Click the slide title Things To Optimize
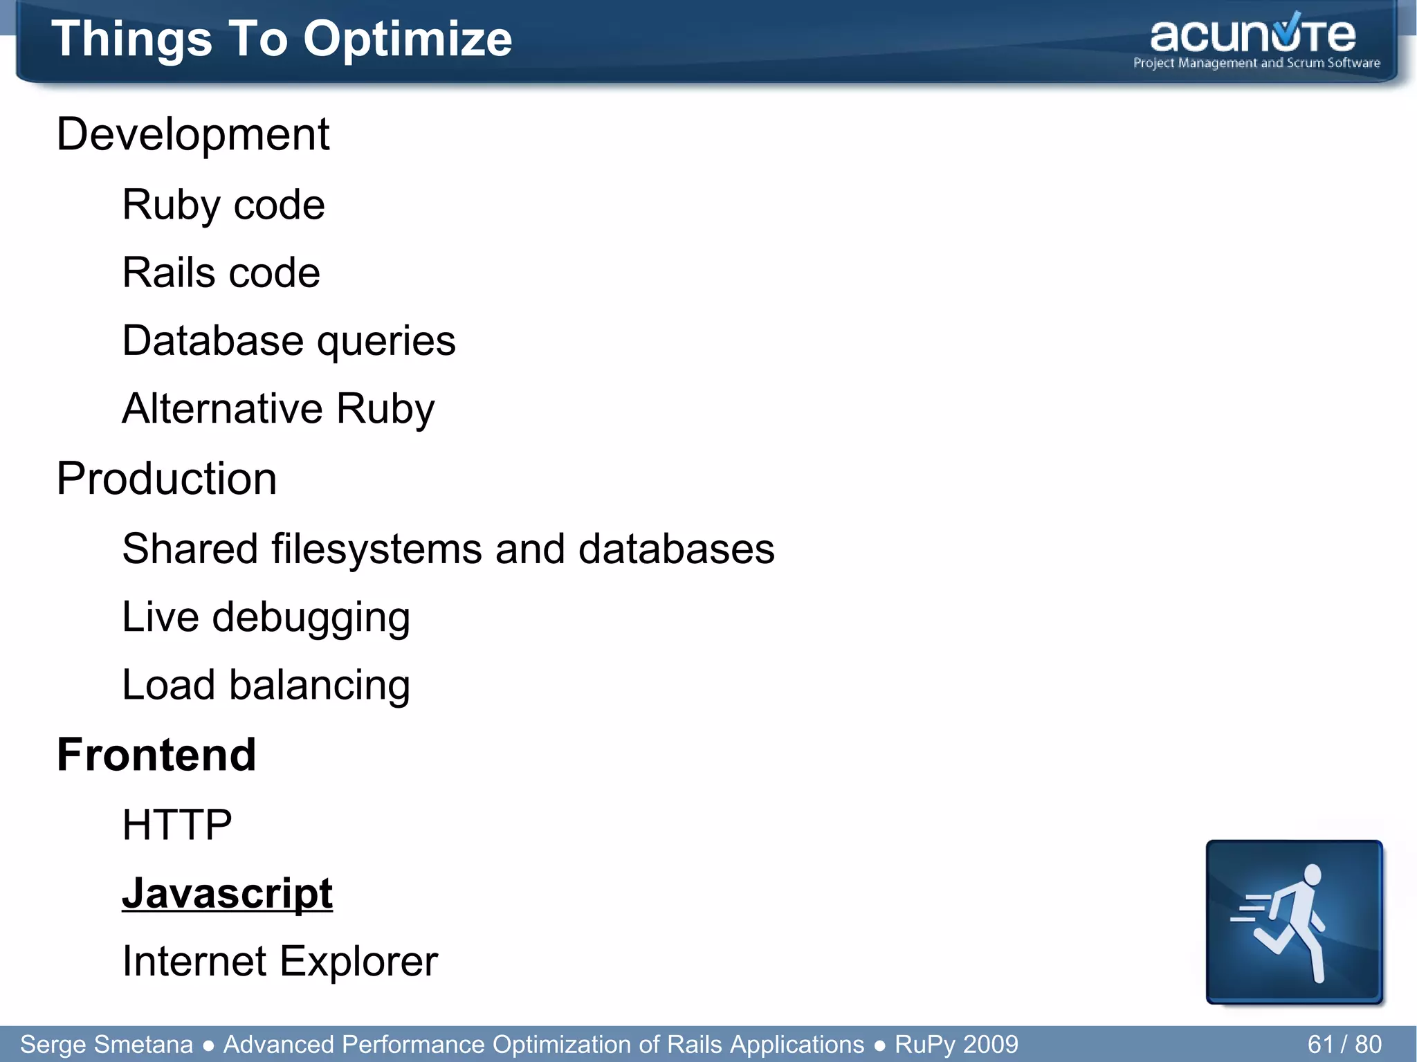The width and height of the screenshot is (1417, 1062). tap(281, 39)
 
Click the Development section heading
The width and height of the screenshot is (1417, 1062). tap(192, 134)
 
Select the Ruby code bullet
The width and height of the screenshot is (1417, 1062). tap(223, 205)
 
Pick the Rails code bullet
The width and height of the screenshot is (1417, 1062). tap(221, 273)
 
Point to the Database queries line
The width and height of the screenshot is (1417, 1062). tap(289, 341)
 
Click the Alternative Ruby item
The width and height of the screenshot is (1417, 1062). tap(278, 409)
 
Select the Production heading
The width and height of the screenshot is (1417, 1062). tap(166, 479)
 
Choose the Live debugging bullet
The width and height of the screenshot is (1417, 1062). tap(266, 617)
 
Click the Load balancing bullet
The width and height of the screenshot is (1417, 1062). tap(266, 685)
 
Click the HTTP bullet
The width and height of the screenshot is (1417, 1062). tap(176, 825)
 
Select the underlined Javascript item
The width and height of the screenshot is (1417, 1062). tap(227, 893)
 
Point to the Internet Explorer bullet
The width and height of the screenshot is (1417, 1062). tap(280, 962)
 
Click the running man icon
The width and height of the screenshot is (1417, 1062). tap(1293, 922)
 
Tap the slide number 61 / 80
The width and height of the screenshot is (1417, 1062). tap(1344, 1044)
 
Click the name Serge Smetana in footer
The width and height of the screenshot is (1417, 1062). tap(107, 1044)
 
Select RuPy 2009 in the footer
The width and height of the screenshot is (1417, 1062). tap(956, 1044)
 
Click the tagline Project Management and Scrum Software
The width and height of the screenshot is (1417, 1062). tap(1256, 64)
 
